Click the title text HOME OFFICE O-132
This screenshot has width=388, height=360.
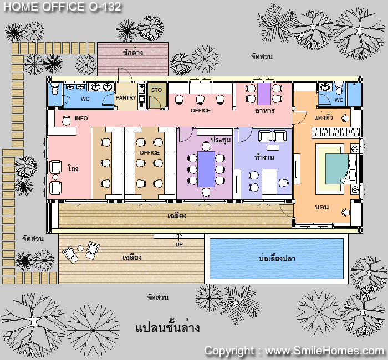(62, 7)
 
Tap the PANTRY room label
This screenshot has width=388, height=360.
(126, 98)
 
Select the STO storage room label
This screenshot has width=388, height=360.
(156, 90)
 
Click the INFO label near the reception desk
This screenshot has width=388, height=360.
(81, 118)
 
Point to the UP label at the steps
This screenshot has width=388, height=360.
(179, 245)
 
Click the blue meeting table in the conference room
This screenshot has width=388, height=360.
(206, 169)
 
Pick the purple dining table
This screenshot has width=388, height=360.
(264, 94)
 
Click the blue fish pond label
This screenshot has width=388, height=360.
(277, 259)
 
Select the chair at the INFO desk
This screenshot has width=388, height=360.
(66, 120)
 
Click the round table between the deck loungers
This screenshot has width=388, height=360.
(80, 248)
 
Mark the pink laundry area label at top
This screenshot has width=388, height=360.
(133, 52)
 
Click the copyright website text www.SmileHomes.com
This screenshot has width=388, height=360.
(324, 351)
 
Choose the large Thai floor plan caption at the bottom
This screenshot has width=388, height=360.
(167, 327)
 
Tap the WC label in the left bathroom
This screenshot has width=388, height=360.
(85, 99)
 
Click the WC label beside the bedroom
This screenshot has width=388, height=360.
(339, 100)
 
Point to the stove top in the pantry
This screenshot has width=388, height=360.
(142, 88)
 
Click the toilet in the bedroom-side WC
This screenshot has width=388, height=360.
(339, 89)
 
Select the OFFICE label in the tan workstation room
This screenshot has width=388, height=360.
(149, 152)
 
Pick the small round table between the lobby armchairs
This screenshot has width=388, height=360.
(55, 177)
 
